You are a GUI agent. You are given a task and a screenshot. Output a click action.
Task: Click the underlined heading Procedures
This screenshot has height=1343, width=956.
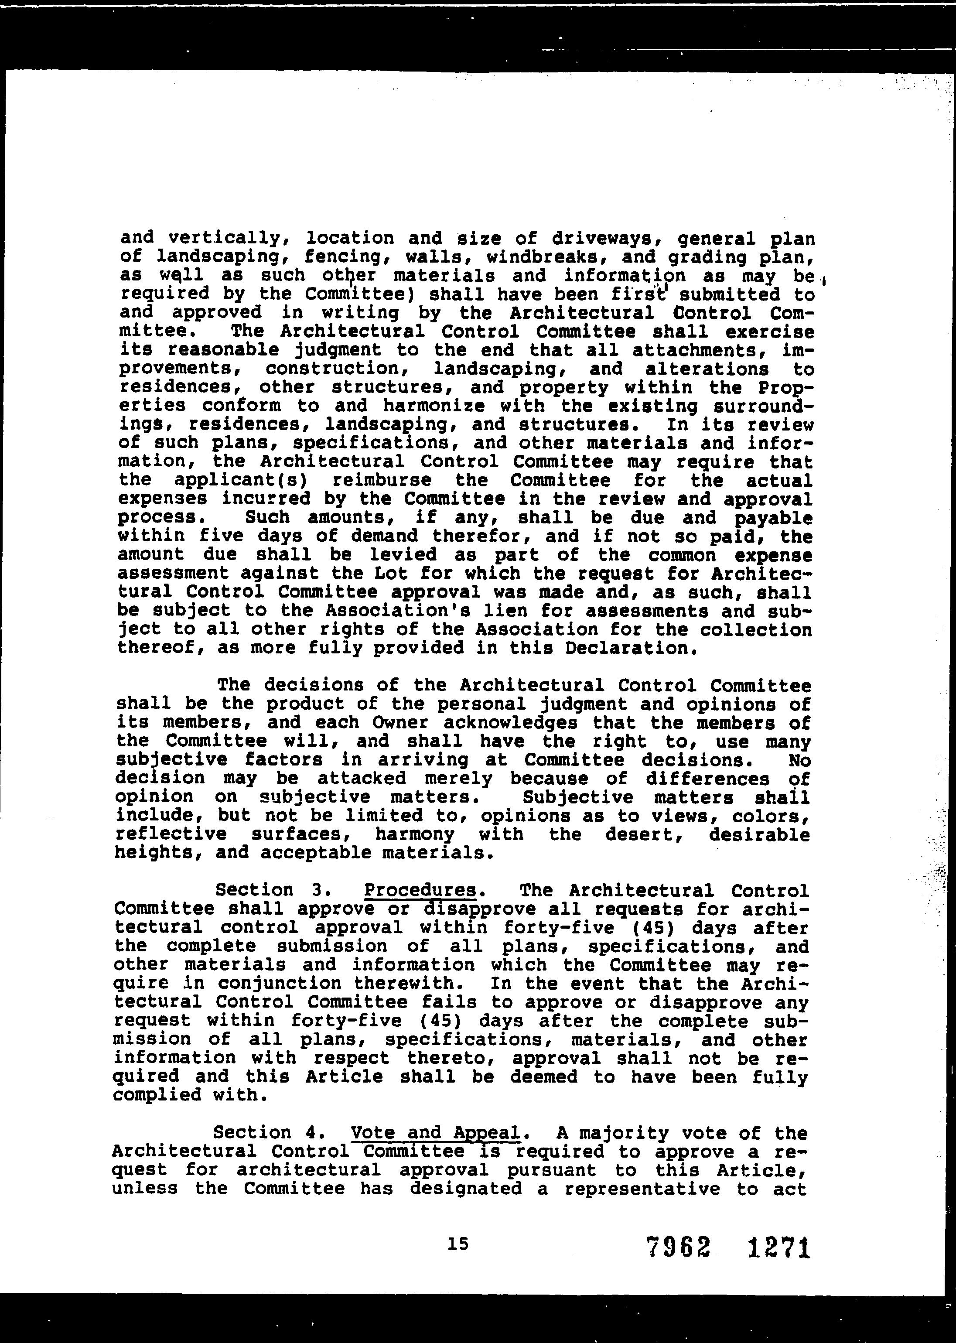click(x=420, y=890)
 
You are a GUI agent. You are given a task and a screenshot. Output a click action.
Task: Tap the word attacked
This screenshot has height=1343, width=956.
click(x=362, y=778)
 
